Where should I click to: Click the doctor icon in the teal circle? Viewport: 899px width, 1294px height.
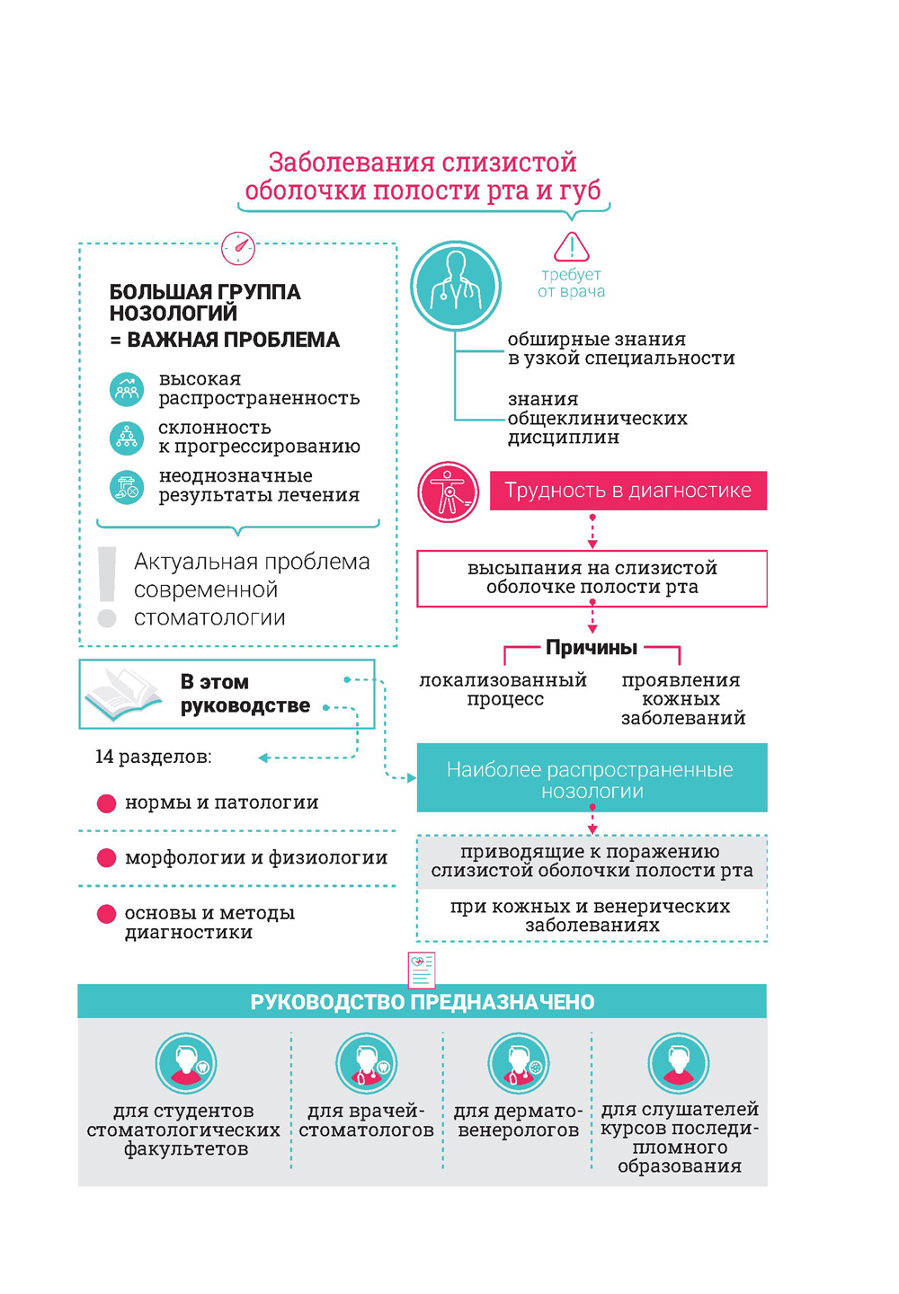[456, 285]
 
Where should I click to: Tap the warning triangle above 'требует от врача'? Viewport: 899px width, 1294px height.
[571, 246]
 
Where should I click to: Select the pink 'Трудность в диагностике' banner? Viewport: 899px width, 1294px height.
[628, 491]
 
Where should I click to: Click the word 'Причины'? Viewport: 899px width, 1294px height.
[592, 648]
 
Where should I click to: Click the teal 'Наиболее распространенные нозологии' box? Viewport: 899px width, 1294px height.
[592, 778]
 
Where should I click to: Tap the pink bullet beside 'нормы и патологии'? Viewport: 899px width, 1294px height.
[106, 803]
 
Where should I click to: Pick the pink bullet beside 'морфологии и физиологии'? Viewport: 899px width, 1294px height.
[106, 858]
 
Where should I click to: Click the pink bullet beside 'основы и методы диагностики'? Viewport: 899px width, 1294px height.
[106, 914]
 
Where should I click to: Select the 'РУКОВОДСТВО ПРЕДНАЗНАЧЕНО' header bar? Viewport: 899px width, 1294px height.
[422, 1002]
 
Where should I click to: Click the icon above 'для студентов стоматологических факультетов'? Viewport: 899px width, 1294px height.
[186, 1063]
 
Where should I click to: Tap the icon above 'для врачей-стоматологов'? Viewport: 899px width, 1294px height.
[366, 1063]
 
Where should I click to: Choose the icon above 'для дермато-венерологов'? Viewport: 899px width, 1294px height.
[518, 1063]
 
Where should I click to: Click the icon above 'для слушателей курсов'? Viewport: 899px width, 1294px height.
[679, 1063]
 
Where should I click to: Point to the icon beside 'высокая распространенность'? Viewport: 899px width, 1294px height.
[127, 389]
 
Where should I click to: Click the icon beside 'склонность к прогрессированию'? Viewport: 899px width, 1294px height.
[127, 438]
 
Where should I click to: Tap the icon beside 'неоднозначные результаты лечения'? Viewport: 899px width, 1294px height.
[127, 487]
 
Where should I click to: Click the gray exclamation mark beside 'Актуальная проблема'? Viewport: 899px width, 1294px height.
[107, 587]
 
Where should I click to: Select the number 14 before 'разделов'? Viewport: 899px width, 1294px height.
[104, 757]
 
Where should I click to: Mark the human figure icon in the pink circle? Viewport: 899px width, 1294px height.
[448, 492]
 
